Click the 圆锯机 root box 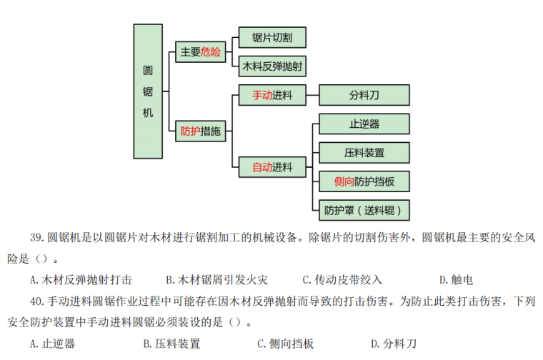(148, 91)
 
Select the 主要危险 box (200, 52)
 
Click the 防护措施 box (200, 131)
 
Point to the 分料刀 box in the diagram (364, 95)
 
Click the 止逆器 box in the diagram (364, 124)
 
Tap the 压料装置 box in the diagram (364, 153)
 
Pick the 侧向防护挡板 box (364, 181)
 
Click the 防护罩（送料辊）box (364, 210)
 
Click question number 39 (36, 238)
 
